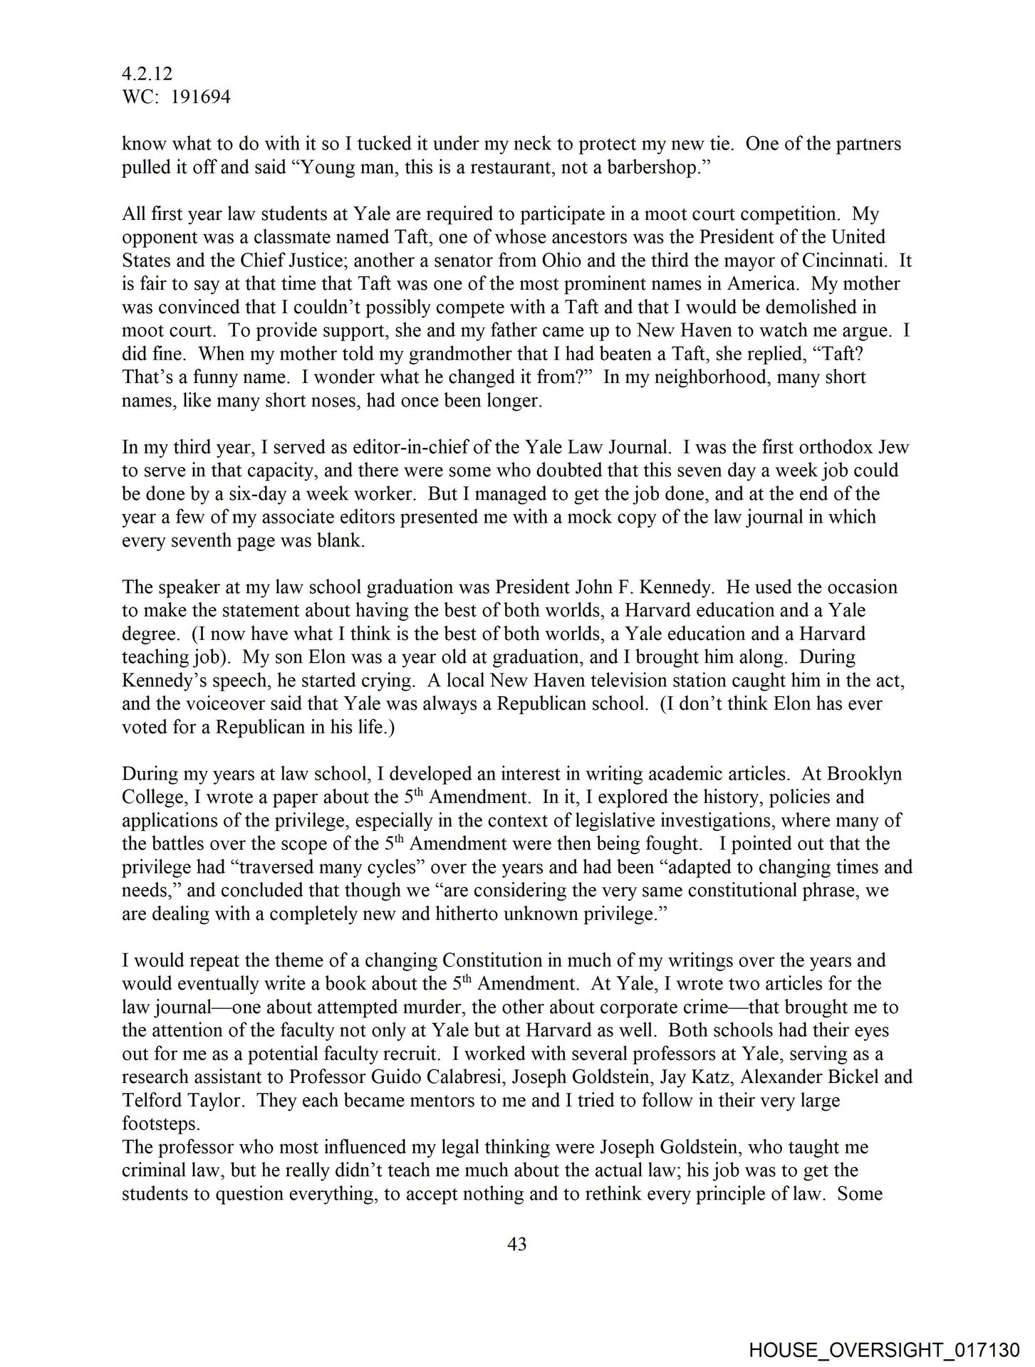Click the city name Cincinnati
point(841,261)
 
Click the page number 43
point(517,1245)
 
